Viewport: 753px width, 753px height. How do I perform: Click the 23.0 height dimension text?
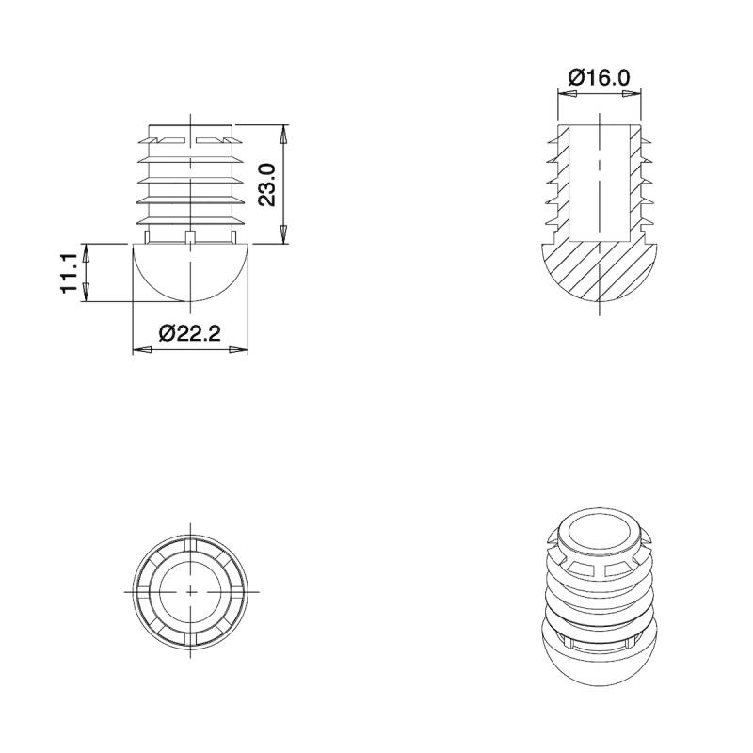266,184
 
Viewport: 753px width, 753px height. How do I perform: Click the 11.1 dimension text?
69,273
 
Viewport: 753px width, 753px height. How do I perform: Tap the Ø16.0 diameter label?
600,78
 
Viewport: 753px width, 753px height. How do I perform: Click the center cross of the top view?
190,590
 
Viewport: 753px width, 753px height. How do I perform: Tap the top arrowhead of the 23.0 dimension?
284,131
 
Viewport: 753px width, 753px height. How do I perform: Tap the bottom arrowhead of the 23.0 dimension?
284,237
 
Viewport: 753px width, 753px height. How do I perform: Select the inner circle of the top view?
190,590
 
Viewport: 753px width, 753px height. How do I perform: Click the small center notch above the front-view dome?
190,235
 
